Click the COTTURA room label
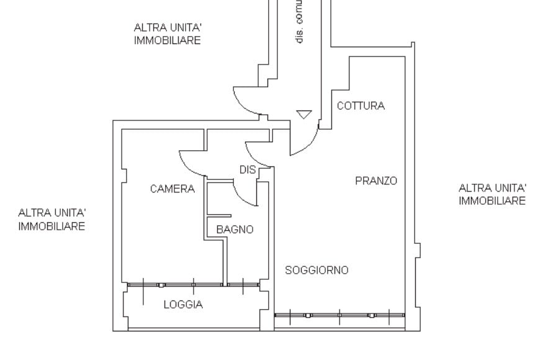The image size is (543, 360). click(x=361, y=106)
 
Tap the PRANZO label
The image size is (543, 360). click(x=376, y=181)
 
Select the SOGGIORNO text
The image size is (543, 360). click(x=316, y=270)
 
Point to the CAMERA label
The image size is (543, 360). click(x=172, y=189)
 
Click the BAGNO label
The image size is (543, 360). click(x=235, y=230)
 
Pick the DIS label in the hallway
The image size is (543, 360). click(x=248, y=169)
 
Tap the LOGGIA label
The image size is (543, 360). click(x=183, y=305)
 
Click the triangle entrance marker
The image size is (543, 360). click(x=303, y=114)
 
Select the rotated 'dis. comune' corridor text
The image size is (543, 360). click(x=300, y=22)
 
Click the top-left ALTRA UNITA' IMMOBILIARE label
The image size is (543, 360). click(x=168, y=34)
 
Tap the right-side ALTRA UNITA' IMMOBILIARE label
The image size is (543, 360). click(x=492, y=194)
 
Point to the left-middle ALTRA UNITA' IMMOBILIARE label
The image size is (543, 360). click(x=52, y=220)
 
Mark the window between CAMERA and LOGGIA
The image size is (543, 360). click(x=174, y=285)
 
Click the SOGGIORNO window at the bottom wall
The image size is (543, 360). click(x=339, y=315)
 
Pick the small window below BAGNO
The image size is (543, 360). click(x=243, y=285)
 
